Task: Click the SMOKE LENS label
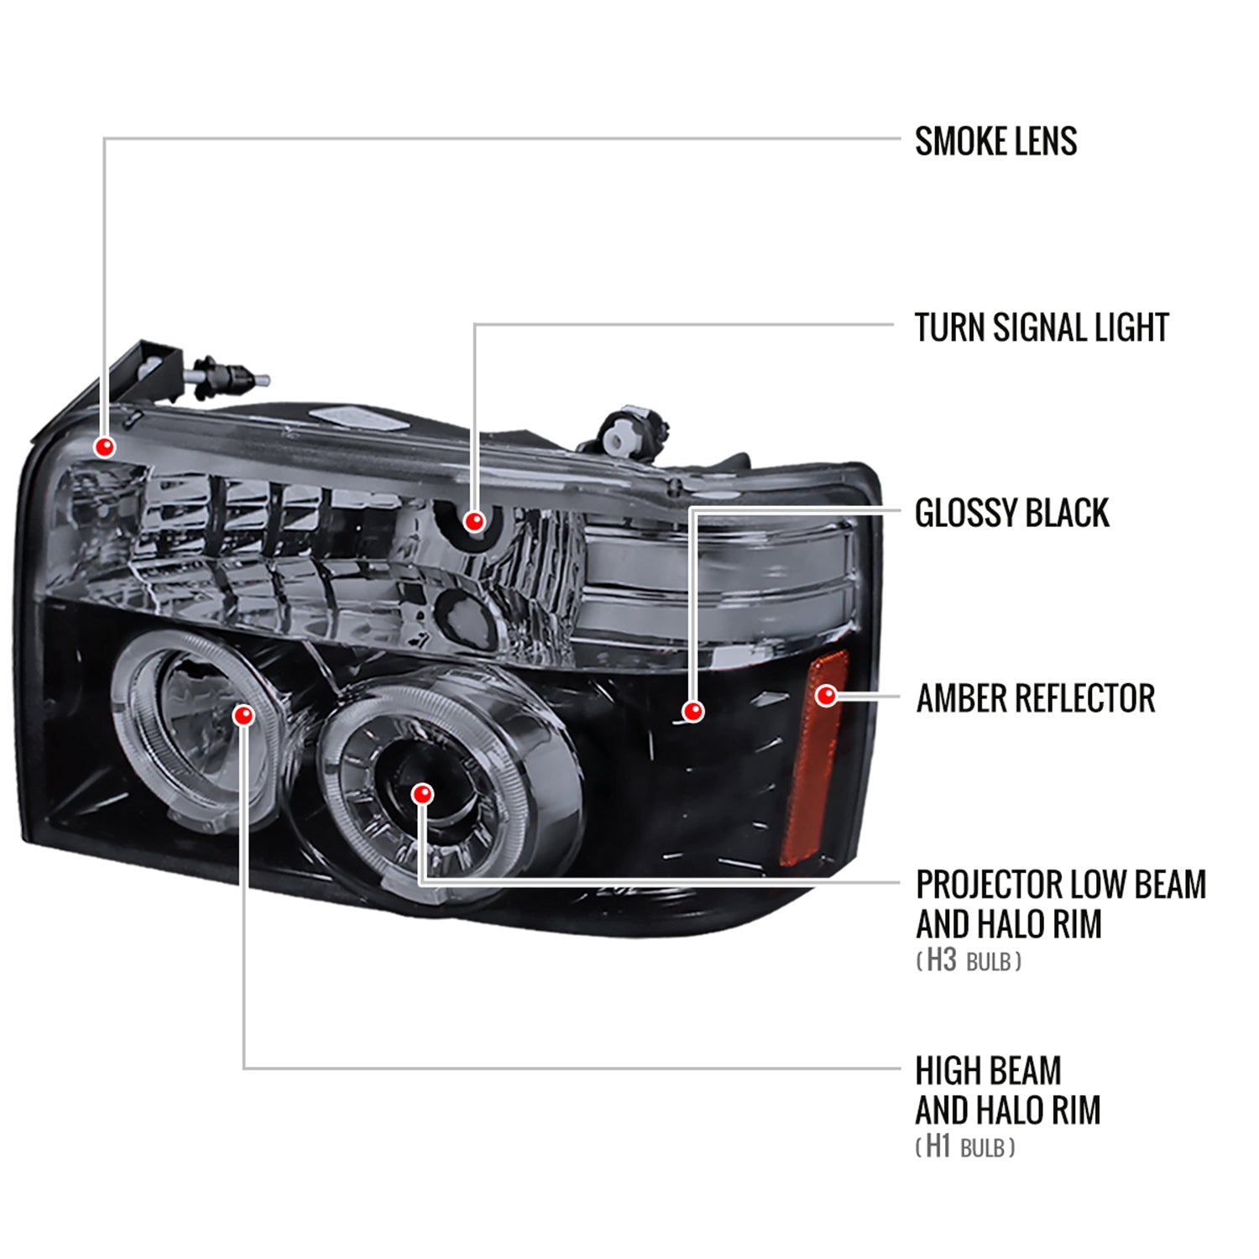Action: [x=995, y=141]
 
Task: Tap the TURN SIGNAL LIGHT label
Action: [x=1041, y=327]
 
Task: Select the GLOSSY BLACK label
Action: [x=1011, y=513]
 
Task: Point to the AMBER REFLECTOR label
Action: [x=1035, y=698]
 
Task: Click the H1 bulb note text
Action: [x=965, y=1147]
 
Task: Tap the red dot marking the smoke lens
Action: [x=105, y=447]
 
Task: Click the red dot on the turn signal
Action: [x=474, y=522]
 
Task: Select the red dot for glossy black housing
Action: [x=692, y=712]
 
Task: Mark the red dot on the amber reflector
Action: [x=827, y=696]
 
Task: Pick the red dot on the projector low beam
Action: [x=423, y=794]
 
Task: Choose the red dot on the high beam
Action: [x=243, y=715]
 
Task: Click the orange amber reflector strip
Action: [x=810, y=772]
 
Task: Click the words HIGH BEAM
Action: [x=988, y=1071]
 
